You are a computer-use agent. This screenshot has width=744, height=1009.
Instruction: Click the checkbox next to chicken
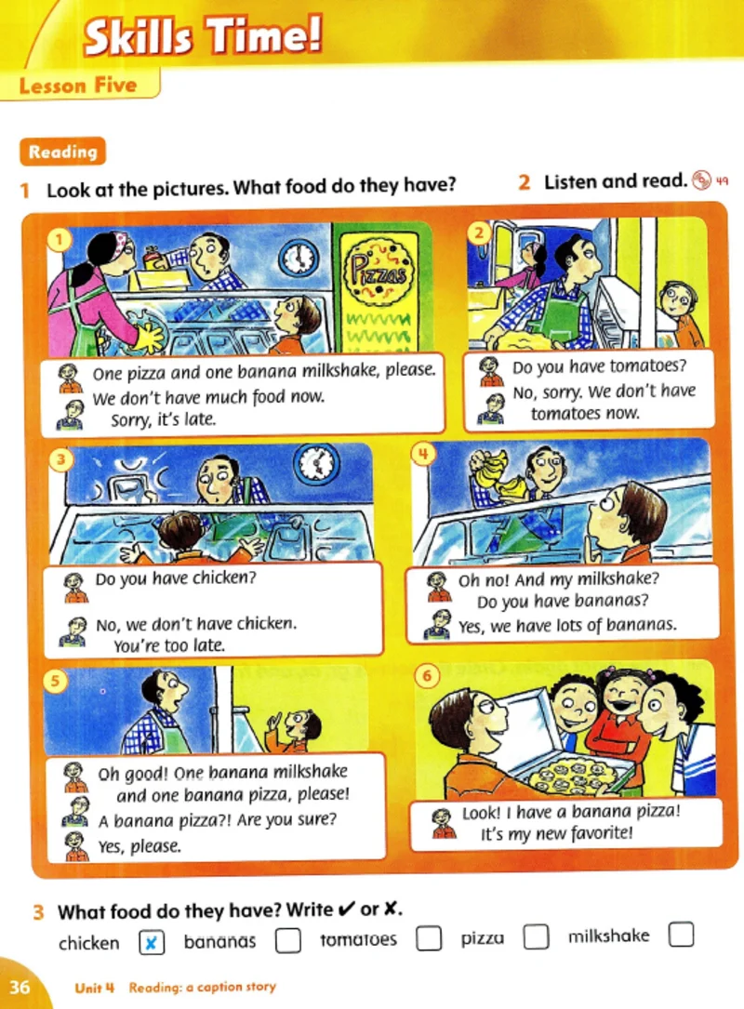point(152,943)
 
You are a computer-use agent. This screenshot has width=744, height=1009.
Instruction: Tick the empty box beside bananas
point(287,940)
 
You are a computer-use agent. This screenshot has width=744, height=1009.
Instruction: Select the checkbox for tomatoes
point(429,937)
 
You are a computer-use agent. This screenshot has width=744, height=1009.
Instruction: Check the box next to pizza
point(536,936)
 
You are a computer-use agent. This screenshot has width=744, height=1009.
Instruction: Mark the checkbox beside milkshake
point(682,935)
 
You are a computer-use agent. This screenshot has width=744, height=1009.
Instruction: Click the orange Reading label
point(62,152)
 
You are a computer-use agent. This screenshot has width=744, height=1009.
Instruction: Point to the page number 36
point(20,987)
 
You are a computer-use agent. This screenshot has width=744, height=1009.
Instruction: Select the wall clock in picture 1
point(299,257)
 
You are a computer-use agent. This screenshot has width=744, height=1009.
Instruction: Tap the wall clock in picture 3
point(316,464)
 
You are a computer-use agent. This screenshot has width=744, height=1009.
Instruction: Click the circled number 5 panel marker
point(56,680)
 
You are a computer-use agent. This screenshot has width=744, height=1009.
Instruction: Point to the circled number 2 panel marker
point(478,232)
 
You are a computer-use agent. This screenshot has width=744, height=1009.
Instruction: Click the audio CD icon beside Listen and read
point(701,179)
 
